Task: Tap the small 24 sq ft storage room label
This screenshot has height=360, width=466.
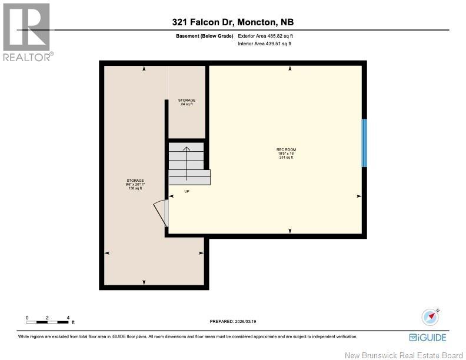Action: pos(187,102)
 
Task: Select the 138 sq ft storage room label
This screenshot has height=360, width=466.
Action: pos(135,184)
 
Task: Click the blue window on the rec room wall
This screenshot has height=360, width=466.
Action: pos(364,143)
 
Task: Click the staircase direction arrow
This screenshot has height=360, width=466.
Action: pos(187,162)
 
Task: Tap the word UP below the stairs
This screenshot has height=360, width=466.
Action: pos(187,191)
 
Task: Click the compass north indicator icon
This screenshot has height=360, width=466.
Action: pos(431,316)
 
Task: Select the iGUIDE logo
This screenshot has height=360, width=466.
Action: pos(428,338)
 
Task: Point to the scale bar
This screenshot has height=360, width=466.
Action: pos(48,322)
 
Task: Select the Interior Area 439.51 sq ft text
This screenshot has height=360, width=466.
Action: pos(265,44)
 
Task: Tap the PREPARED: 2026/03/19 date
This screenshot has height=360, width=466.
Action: pos(233,322)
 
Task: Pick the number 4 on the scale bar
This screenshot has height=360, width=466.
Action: pos(69,317)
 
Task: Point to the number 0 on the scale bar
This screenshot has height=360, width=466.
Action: pos(27,317)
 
